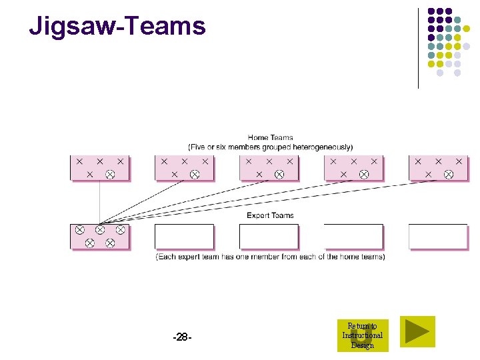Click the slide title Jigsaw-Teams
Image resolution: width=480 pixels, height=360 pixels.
(117, 26)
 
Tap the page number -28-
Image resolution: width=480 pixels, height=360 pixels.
(182, 338)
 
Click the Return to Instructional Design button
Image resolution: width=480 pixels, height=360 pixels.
(362, 335)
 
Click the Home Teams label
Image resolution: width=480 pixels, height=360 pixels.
(270, 138)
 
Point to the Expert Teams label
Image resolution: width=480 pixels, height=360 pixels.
(270, 215)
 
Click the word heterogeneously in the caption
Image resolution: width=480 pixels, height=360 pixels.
(323, 147)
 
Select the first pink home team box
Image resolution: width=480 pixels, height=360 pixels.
(99, 167)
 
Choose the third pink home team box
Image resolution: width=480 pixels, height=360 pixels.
(269, 167)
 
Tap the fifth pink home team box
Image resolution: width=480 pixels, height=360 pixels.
(438, 167)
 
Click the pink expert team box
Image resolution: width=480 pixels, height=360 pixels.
(99, 237)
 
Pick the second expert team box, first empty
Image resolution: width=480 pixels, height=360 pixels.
(184, 237)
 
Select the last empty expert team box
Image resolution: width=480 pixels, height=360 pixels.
(438, 237)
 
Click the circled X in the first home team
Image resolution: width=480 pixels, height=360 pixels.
(110, 175)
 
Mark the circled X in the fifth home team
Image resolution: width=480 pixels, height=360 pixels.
(449, 175)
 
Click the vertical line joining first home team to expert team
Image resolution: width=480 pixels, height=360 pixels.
(100, 202)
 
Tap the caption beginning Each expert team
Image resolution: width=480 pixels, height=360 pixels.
(270, 257)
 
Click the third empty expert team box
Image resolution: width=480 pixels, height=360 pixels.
(353, 237)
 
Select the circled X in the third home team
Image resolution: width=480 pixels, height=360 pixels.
(279, 175)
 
